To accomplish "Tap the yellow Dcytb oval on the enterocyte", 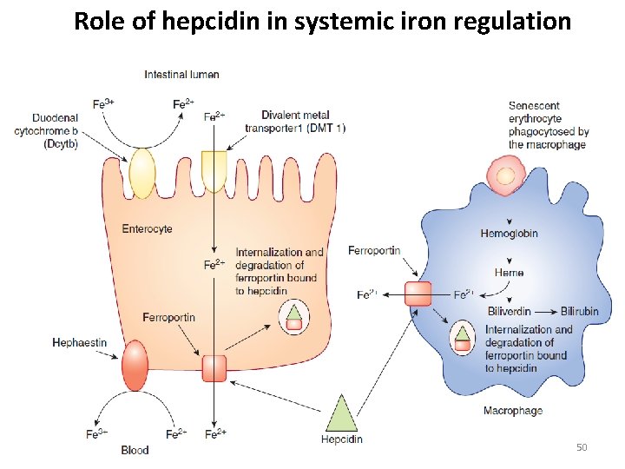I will [x=141, y=173].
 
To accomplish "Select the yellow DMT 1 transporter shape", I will [x=214, y=169].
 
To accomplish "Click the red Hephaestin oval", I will [x=136, y=365].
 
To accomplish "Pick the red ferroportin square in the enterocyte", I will [x=214, y=368].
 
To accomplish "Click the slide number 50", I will [x=582, y=447].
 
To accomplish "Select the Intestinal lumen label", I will [x=181, y=75].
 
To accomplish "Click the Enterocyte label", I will [x=147, y=229].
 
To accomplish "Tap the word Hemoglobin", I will [x=509, y=233].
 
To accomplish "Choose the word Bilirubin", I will [x=580, y=311].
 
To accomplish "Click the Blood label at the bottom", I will [x=135, y=450].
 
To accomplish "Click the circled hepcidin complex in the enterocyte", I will [x=294, y=318].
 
